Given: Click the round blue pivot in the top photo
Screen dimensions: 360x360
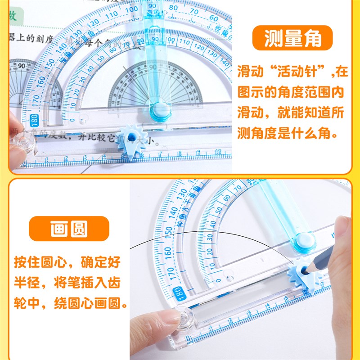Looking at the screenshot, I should point(160,110).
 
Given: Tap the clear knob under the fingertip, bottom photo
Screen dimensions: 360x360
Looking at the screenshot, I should point(185,319).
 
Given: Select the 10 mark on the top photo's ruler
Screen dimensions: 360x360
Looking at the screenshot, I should point(217,152).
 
